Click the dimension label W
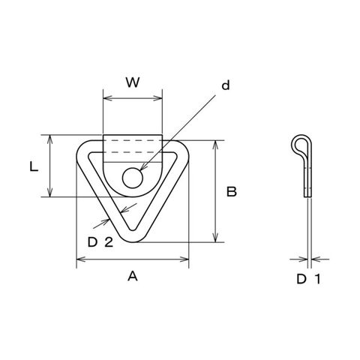coord(133,82)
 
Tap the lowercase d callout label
coord(226,85)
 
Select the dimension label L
coord(34,166)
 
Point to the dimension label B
coord(232,192)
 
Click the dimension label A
coord(133,277)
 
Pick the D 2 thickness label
coord(100,242)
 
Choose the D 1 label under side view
coord(309,279)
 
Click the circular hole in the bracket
coord(133,178)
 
